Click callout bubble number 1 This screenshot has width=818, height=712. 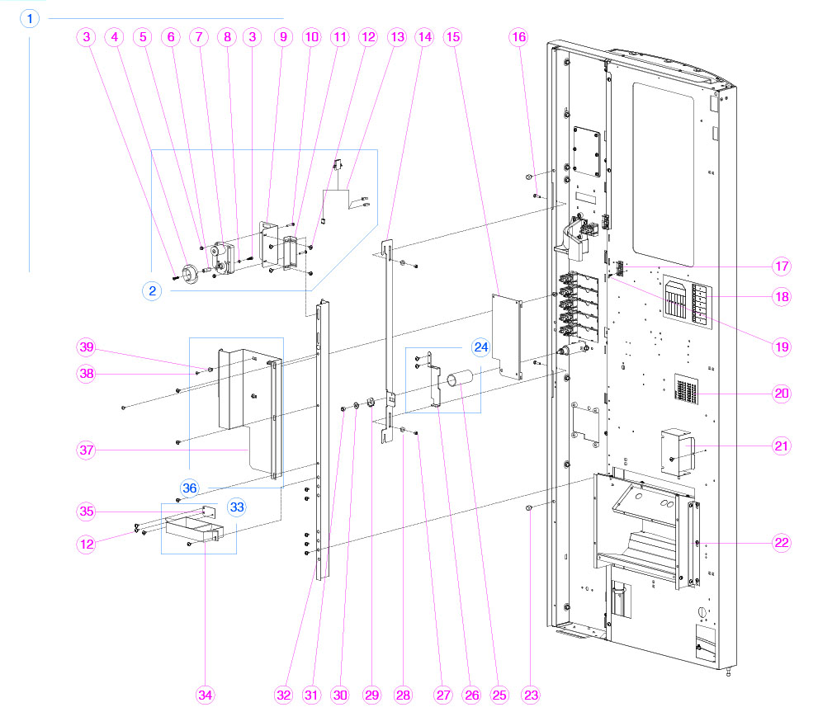(x=30, y=18)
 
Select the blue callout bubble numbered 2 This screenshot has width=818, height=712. (x=152, y=290)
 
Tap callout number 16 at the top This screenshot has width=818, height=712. (x=518, y=37)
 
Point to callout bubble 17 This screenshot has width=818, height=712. (x=782, y=266)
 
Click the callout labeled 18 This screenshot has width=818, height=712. (x=782, y=296)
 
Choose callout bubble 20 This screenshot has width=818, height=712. (x=782, y=394)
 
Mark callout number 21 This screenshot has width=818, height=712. (x=782, y=446)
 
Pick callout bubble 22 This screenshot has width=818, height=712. (x=782, y=542)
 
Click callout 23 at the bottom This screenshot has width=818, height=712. (x=531, y=695)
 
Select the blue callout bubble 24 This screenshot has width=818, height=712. (x=480, y=347)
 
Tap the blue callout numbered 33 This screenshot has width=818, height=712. (x=237, y=507)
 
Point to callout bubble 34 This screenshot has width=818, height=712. (x=206, y=695)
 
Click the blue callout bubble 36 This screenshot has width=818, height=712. (x=190, y=488)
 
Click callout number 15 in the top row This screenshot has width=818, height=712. (x=452, y=37)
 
